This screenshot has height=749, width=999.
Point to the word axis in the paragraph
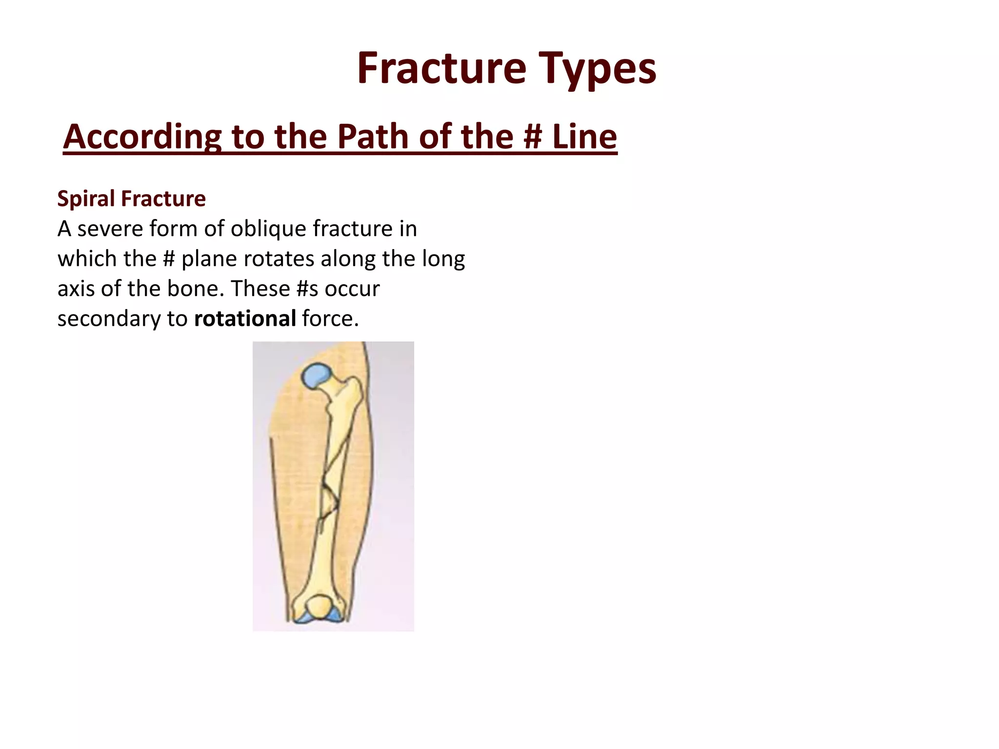(x=76, y=289)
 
